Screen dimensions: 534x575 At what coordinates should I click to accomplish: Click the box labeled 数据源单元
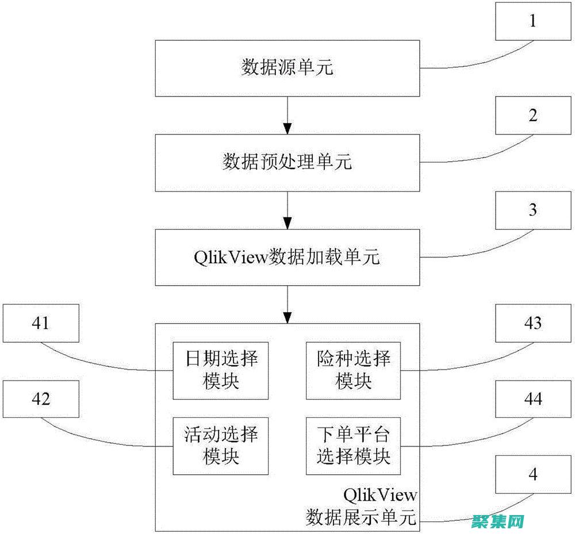287,68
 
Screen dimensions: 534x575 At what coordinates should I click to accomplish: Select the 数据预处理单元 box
287,163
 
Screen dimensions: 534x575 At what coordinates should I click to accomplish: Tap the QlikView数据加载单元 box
287,257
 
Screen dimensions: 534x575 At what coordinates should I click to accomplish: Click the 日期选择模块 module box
221,371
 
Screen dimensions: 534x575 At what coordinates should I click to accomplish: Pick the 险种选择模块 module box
354,371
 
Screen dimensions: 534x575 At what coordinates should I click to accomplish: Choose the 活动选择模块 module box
221,445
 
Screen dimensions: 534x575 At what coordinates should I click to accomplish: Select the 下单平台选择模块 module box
354,445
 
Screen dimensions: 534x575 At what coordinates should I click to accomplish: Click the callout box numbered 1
533,21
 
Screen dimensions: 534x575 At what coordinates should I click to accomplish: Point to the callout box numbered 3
533,210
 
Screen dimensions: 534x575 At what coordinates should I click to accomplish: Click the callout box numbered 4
533,475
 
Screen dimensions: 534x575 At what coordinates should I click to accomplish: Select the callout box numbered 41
40,323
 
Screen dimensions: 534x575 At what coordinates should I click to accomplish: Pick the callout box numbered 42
40,399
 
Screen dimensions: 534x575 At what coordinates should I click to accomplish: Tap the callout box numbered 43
533,323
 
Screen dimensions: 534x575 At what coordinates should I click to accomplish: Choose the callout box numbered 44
533,399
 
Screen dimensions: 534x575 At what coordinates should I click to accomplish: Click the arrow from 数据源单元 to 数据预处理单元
287,115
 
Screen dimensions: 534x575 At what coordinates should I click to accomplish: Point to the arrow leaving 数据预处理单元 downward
287,209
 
